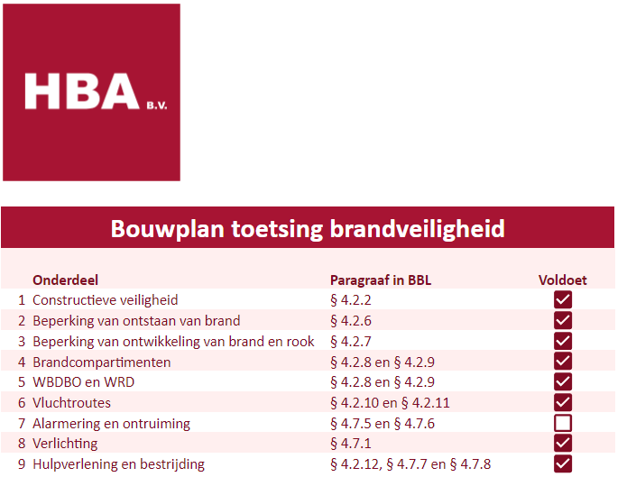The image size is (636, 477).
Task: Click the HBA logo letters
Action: click(82, 91)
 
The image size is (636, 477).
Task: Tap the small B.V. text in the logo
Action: click(157, 105)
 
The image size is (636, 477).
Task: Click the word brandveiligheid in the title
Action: click(418, 229)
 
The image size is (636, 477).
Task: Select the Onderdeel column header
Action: click(65, 280)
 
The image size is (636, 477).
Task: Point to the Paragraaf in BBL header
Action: click(381, 280)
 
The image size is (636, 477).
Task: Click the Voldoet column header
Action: click(563, 280)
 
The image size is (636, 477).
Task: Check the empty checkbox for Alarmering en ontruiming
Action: click(563, 423)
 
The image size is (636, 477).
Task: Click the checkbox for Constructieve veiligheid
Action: click(563, 300)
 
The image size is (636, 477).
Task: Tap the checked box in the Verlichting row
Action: click(563, 443)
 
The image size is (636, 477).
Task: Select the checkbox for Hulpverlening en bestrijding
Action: click(563, 463)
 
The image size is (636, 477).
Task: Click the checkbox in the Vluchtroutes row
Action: click(563, 402)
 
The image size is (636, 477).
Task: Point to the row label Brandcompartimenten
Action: click(102, 362)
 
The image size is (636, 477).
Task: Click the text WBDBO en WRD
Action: click(84, 381)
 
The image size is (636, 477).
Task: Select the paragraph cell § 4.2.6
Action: click(351, 321)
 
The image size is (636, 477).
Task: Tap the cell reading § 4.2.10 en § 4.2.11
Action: click(391, 403)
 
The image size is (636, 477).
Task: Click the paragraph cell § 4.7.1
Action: click(351, 444)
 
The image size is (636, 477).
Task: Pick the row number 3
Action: click(22, 341)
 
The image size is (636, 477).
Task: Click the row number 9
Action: click(22, 464)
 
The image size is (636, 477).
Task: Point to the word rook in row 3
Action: click(300, 341)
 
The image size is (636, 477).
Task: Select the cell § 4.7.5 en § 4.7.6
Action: click(383, 424)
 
